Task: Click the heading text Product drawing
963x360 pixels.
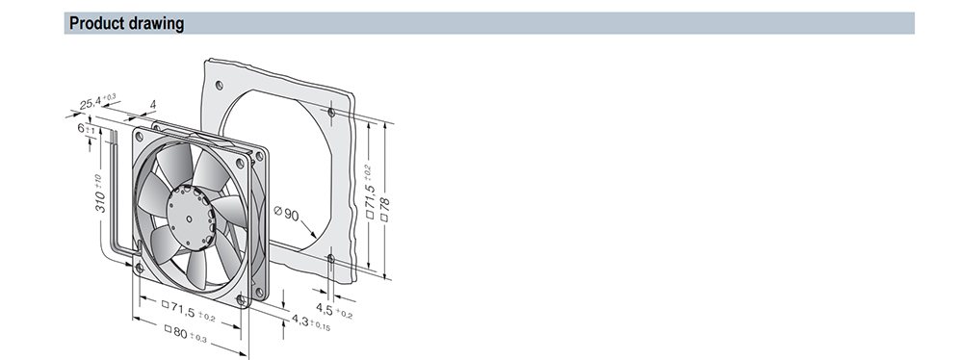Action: (126, 23)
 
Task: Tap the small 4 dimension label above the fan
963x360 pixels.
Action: (153, 105)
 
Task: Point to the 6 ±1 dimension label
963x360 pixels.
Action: (86, 129)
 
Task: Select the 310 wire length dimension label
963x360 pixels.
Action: (99, 194)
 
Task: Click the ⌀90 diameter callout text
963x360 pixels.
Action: (286, 214)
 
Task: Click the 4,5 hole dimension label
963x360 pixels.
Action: (334, 309)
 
